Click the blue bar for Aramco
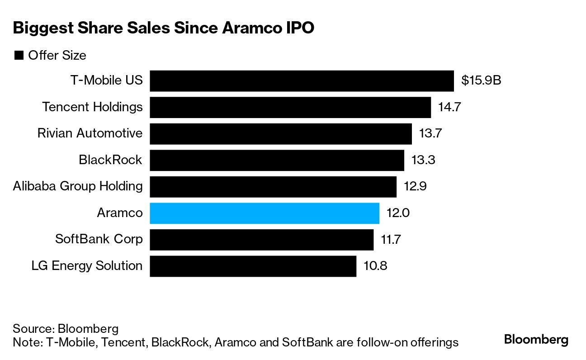point(264,213)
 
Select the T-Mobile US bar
point(302,81)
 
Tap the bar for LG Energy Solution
point(253,266)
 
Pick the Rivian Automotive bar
point(280,134)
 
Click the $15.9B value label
point(481,81)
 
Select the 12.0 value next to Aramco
point(398,213)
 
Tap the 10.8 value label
point(375,266)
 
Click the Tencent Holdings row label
point(92,107)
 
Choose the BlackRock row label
point(110,160)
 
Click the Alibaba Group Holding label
point(78,186)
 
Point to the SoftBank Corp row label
point(99,239)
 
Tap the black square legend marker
point(19,56)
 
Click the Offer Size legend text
point(57,56)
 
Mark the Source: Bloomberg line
point(66,328)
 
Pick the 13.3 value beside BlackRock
point(423,160)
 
